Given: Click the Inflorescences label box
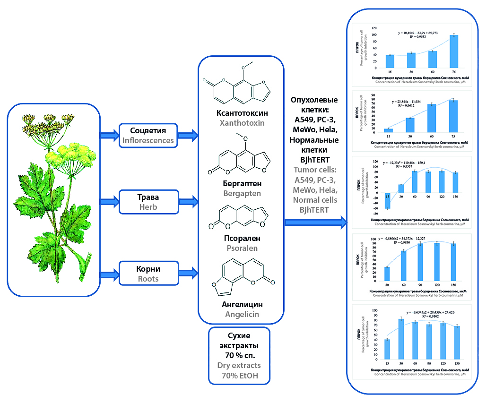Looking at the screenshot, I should pos(148,135).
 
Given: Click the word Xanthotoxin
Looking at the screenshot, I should pos(241,123).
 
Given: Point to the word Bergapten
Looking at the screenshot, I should pos(241,193).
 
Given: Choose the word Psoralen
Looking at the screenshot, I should pos(241,248).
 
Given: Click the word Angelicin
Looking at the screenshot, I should pos(242,314).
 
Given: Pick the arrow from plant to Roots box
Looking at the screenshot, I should pos(110,273).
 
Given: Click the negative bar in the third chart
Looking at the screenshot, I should pos(388,200).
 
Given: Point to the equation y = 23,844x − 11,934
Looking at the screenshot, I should pos(410,102).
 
